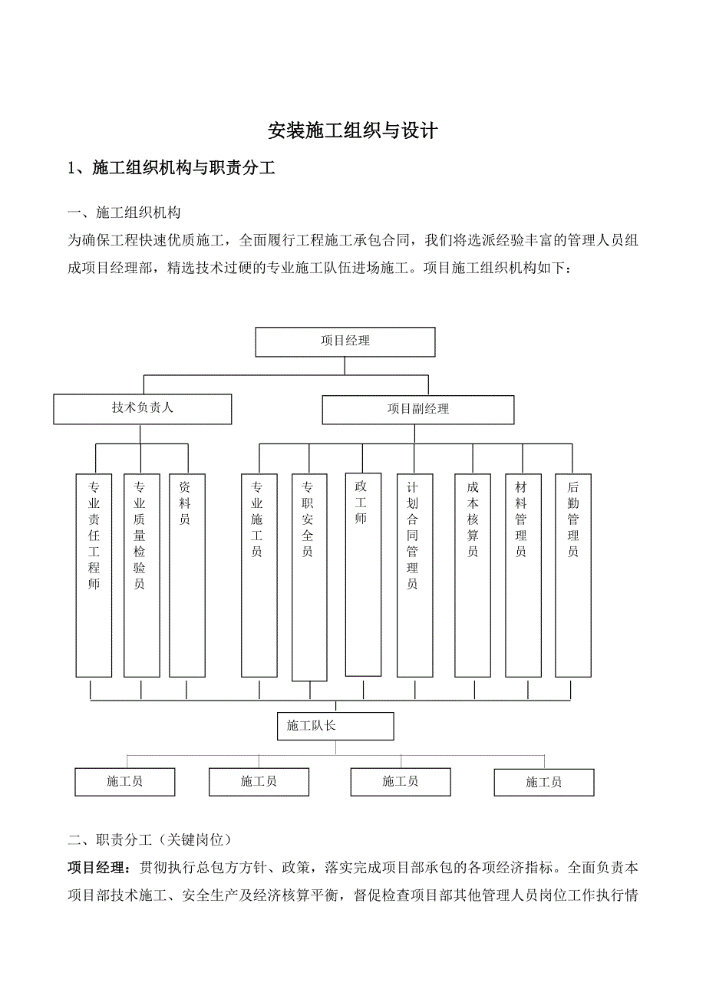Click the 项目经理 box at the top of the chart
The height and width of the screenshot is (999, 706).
pos(345,341)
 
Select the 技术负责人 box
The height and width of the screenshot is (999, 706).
pos(142,409)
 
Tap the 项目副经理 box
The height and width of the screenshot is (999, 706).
pos(418,409)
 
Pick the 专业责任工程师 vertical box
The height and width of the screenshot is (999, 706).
pos(94,575)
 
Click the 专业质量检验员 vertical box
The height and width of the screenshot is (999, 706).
pos(141,575)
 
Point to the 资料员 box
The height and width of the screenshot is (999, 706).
pos(186,575)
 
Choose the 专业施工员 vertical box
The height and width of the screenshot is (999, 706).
pos(259,575)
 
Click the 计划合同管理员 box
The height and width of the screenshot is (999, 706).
pos(414,575)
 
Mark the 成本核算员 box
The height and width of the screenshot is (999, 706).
pos(473,575)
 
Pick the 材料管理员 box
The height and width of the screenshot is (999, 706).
pos(523,575)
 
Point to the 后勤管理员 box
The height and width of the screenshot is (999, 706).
pos(572,575)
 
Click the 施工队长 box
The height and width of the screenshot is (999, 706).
pos(335,726)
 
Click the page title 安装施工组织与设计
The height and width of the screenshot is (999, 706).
pos(353,131)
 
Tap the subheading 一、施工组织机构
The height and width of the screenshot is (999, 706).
pos(124,213)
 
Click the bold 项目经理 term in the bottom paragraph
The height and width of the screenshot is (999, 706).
pos(98,869)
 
